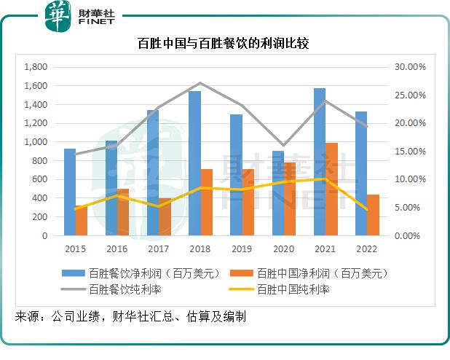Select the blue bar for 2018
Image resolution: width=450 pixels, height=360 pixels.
click(x=194, y=163)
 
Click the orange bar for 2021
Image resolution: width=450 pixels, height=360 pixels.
click(x=331, y=189)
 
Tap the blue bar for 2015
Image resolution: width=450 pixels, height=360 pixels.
click(x=70, y=192)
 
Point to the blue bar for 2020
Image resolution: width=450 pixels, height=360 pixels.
click(x=278, y=193)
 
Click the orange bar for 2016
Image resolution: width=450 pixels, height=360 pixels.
click(x=123, y=212)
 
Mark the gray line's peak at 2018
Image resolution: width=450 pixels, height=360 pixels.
click(x=200, y=83)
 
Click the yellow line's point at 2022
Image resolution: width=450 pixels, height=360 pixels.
click(x=367, y=210)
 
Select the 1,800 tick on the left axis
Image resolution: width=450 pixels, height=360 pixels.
click(x=35, y=67)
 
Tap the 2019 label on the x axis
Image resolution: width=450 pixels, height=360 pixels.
click(x=242, y=249)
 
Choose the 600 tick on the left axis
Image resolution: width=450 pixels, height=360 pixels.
click(x=40, y=180)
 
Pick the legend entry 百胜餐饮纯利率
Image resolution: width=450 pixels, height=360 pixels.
click(x=125, y=289)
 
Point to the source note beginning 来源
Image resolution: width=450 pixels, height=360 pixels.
click(x=130, y=317)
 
